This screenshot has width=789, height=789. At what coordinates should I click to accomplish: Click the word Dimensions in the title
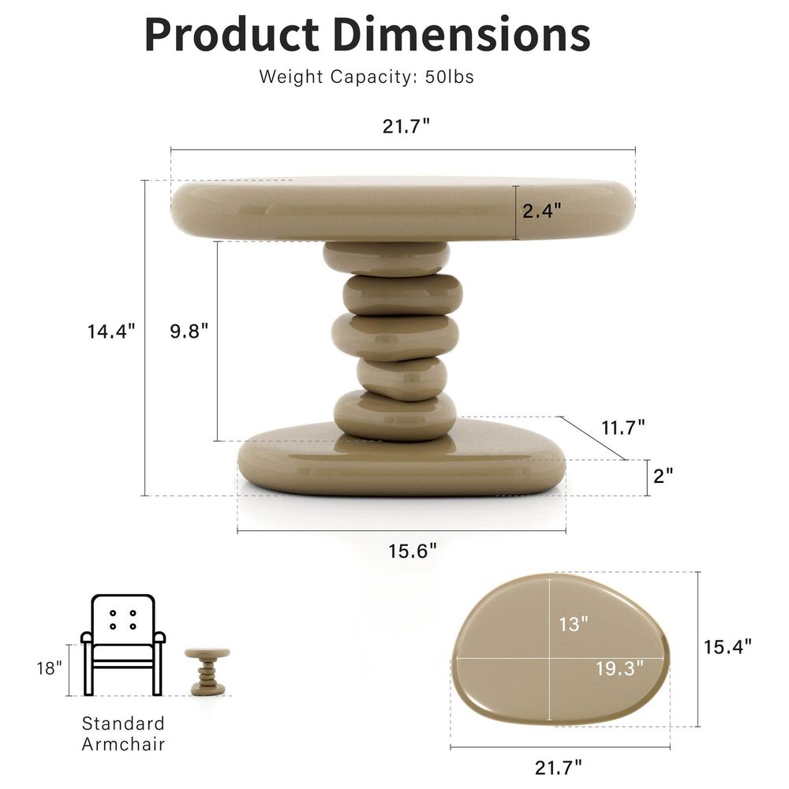(x=461, y=34)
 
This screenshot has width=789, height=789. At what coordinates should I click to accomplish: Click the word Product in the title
(x=232, y=34)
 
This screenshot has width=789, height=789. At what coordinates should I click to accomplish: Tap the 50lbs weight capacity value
(x=451, y=77)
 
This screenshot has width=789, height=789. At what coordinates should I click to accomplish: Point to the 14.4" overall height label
(x=111, y=331)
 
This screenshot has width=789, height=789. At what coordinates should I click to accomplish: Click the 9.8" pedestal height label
(x=189, y=331)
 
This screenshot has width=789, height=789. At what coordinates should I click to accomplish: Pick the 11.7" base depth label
(x=623, y=428)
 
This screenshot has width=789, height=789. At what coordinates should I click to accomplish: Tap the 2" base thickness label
(x=664, y=476)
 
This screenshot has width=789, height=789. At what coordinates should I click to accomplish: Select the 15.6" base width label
(x=412, y=552)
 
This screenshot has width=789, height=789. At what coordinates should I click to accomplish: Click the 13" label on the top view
(x=574, y=624)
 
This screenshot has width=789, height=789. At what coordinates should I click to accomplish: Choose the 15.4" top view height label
(x=727, y=646)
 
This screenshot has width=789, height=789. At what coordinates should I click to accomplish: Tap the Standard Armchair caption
(x=123, y=733)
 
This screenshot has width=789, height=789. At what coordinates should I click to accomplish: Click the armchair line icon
(x=122, y=644)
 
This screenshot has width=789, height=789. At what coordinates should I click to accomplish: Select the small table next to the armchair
(x=208, y=671)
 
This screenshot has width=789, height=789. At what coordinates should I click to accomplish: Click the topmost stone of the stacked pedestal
(x=386, y=258)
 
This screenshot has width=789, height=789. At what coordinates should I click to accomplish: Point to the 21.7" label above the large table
(x=406, y=126)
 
